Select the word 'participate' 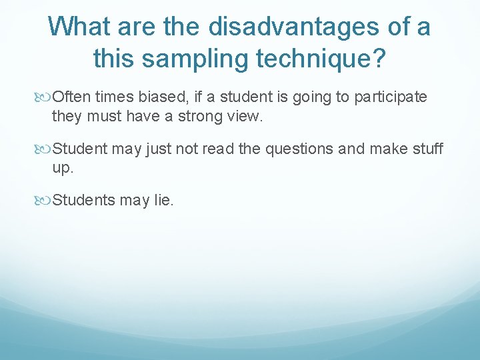[x=391, y=98]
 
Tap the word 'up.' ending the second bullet [x=62, y=169]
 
